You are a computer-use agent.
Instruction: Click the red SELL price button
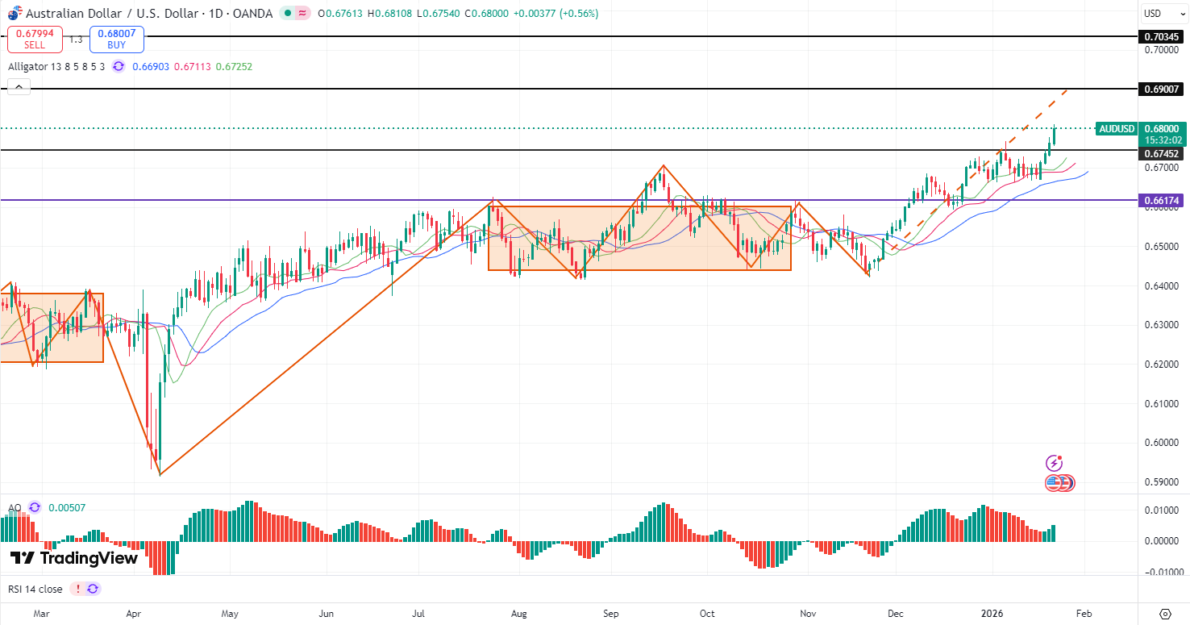coord(35,39)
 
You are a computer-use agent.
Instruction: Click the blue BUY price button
coord(117,39)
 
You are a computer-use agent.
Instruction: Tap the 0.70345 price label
coord(1162,36)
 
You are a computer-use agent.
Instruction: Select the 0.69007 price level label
coord(1162,89)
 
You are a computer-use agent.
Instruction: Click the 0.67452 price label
coord(1162,153)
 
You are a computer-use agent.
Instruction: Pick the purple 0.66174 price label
coord(1162,199)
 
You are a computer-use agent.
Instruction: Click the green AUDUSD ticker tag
coord(1117,129)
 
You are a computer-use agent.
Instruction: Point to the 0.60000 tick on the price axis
coord(1162,443)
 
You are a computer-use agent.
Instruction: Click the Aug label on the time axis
coord(519,613)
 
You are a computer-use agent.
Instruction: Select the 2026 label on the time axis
coord(992,613)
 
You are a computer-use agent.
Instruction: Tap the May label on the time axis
coord(230,613)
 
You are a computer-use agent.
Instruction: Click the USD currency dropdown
coord(1162,14)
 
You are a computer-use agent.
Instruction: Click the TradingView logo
coord(74,558)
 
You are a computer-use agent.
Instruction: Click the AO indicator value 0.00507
coord(67,508)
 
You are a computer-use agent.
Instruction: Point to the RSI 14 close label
coord(35,589)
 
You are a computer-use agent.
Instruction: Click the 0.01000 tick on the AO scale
coord(1162,510)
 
